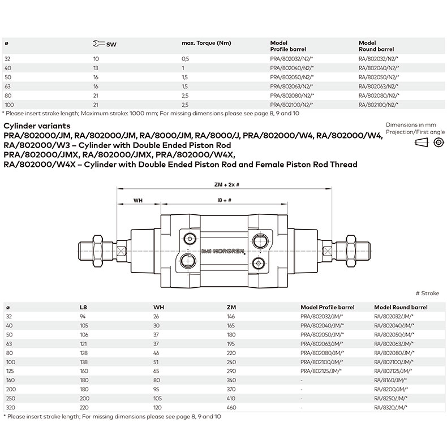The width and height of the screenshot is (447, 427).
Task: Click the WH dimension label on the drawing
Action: pyautogui.click(x=137, y=200)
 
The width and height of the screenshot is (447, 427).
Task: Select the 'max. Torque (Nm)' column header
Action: pyautogui.click(x=206, y=43)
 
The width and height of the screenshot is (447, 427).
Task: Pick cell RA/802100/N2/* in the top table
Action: pyautogui.click(x=379, y=105)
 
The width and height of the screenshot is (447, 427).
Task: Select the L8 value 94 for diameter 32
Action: pyautogui.click(x=84, y=316)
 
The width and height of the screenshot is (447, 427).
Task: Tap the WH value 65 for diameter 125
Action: pyautogui.click(x=156, y=370)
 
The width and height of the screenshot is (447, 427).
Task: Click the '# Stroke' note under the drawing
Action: pyautogui.click(x=427, y=294)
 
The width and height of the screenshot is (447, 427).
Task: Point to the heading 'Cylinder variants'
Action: pyautogui.click(x=37, y=125)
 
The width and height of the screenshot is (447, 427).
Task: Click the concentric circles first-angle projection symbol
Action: pyautogui.click(x=437, y=143)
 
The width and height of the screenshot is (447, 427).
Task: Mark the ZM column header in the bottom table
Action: pyautogui.click(x=230, y=307)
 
